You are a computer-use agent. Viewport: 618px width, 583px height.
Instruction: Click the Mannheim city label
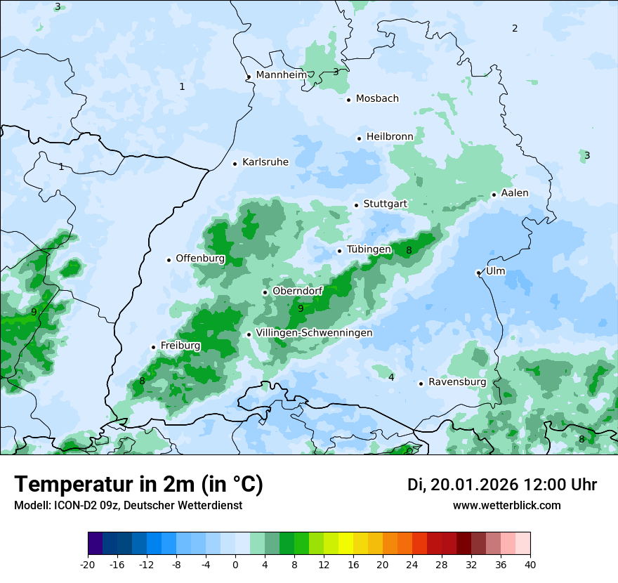pyautogui.click(x=281, y=75)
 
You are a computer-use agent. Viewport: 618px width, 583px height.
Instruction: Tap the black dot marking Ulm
pyautogui.click(x=478, y=273)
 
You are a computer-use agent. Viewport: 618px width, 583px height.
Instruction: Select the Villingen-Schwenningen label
pyautogui.click(x=314, y=333)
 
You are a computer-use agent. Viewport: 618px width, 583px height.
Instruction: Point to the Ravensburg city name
pyautogui.click(x=457, y=382)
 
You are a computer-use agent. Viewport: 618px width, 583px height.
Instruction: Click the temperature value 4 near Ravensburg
pyautogui.click(x=391, y=378)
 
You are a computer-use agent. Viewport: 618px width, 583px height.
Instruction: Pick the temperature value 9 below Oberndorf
pyautogui.click(x=301, y=308)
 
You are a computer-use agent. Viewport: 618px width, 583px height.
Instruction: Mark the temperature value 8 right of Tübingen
pyautogui.click(x=409, y=250)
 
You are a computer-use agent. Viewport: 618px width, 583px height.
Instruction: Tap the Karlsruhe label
pyautogui.click(x=265, y=162)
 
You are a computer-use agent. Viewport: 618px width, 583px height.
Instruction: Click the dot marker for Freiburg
pyautogui.click(x=153, y=347)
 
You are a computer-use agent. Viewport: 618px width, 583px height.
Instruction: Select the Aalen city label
pyautogui.click(x=515, y=193)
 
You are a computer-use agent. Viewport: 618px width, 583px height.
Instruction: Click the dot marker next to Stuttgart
pyautogui.click(x=356, y=205)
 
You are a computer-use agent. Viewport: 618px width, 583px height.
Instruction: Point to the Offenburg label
pyautogui.click(x=200, y=258)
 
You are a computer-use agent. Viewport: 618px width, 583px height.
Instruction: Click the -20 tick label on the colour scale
pyautogui.click(x=88, y=565)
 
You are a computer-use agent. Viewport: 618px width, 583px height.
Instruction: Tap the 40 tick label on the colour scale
pyautogui.click(x=530, y=565)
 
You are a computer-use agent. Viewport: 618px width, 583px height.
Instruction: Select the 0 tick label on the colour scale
pyautogui.click(x=235, y=565)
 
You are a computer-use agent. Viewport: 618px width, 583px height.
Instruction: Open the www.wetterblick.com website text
pyautogui.click(x=506, y=506)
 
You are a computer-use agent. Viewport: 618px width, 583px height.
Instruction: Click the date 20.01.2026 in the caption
pyautogui.click(x=475, y=485)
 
